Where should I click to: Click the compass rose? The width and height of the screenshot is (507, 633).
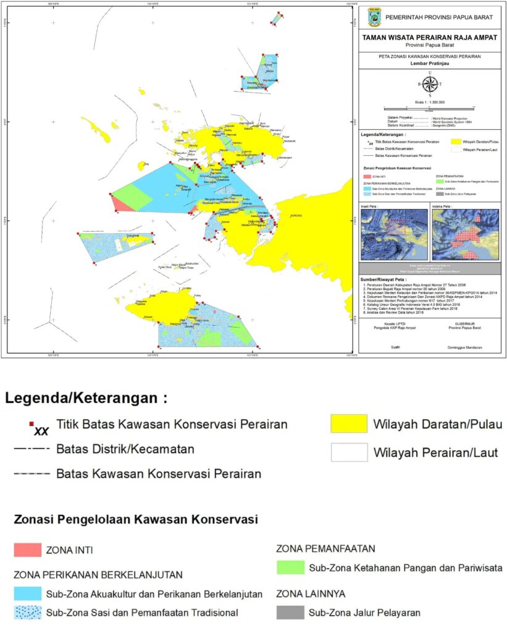pyautogui.click(x=430, y=85)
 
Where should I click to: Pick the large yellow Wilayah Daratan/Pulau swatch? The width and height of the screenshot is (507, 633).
pyautogui.click(x=350, y=424)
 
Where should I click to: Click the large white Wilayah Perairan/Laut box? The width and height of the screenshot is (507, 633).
pyautogui.click(x=350, y=452)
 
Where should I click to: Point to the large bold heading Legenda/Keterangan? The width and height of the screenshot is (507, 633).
pyautogui.click(x=86, y=397)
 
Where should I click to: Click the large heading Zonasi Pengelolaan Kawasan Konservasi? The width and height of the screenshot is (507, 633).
pyautogui.click(x=135, y=520)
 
